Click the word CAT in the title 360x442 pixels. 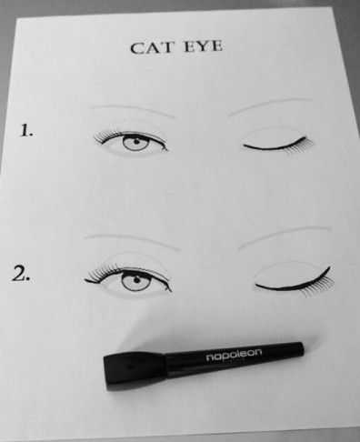[x=152, y=47]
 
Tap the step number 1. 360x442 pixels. [x=26, y=130]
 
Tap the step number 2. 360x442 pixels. [x=21, y=274]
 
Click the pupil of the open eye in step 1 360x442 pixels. [x=136, y=141]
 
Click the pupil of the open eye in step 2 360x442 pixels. [x=136, y=280]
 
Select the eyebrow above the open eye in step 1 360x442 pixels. [x=134, y=110]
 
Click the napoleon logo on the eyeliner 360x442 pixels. [x=234, y=355]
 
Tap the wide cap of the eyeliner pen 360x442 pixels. [x=135, y=371]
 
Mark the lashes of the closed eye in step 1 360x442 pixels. [x=300, y=148]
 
